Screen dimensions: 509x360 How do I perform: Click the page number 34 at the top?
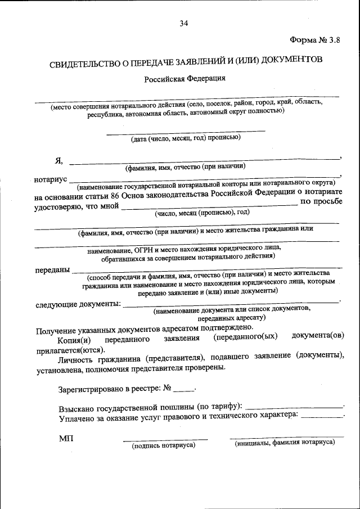pos(183,23)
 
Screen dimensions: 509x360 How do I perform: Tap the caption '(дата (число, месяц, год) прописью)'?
pos(186,138)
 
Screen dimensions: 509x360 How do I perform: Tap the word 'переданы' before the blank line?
pos(52,269)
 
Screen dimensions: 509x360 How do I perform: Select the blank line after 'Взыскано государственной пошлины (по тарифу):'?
pos(294,406)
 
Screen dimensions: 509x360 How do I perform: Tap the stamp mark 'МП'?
pos(66,438)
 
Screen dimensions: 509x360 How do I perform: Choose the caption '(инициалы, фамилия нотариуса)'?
pos(285,443)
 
